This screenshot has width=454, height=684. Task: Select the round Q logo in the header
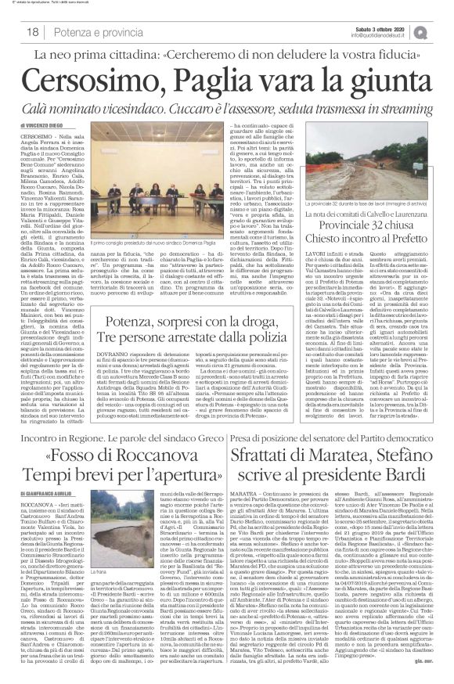click(442, 31)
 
